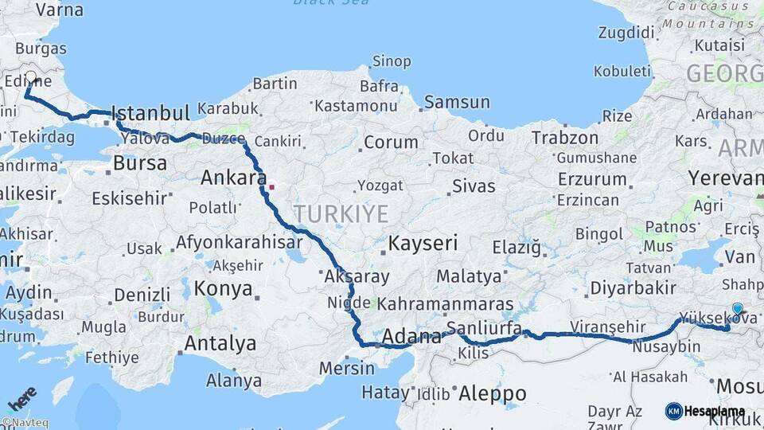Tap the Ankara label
[x=232, y=178]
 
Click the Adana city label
[x=411, y=337]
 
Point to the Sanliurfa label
[x=484, y=328]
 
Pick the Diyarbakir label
[x=633, y=287]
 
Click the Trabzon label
[x=564, y=138]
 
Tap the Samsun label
[x=457, y=102]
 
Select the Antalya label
[x=220, y=343]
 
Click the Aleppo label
[x=493, y=393]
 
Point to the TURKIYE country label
[x=341, y=213]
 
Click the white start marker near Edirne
[x=31, y=78]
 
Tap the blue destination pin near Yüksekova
[x=737, y=309]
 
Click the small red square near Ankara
[x=271, y=188]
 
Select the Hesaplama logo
[x=705, y=411]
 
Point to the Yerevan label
[x=725, y=177]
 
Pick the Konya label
[x=223, y=288]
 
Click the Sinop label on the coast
[x=392, y=61]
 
